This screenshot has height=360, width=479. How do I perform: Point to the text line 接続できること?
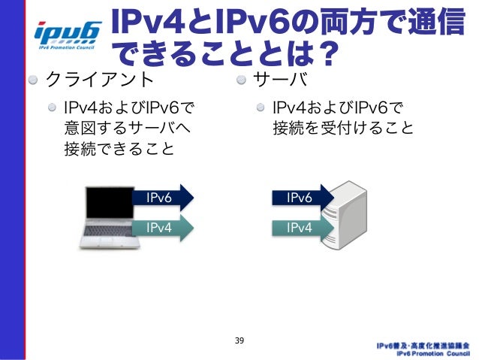pyautogui.click(x=119, y=149)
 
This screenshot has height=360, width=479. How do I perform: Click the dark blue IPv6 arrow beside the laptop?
pyautogui.click(x=161, y=198)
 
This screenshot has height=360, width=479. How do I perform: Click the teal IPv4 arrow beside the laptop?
pyautogui.click(x=161, y=226)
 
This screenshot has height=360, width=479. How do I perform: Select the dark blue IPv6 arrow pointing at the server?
pyautogui.click(x=301, y=198)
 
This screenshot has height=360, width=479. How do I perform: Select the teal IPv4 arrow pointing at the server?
pyautogui.click(x=301, y=226)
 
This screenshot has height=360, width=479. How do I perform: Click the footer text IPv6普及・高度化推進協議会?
pyautogui.click(x=424, y=345)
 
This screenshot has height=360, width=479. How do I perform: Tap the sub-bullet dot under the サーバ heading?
pyautogui.click(x=260, y=107)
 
